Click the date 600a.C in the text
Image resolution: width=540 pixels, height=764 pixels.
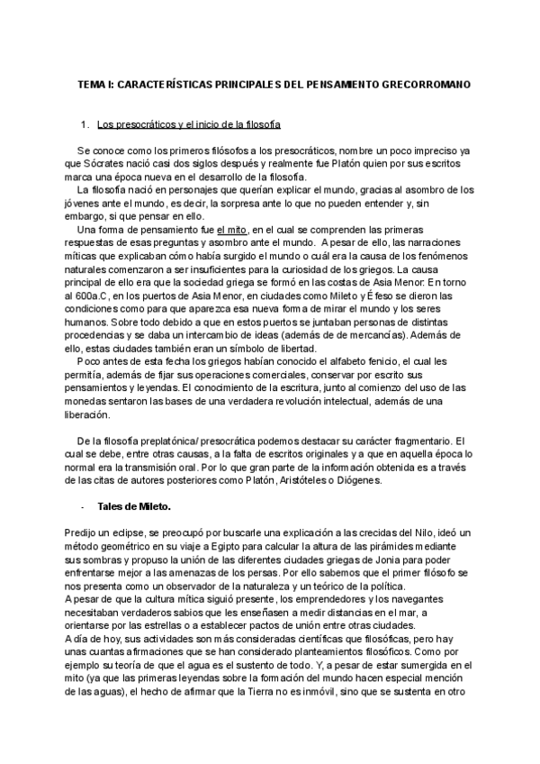88,283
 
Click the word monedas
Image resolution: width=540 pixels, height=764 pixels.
88,402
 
